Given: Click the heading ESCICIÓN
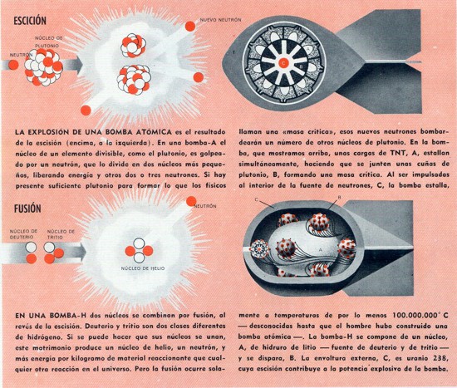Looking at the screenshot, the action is point(30,21).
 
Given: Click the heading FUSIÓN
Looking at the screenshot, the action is point(27,209).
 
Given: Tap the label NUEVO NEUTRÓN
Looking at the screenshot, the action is point(221,20).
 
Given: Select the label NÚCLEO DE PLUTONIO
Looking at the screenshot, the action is point(49,42).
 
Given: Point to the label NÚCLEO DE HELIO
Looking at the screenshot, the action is point(143,268).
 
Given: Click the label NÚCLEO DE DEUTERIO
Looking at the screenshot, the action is point(23,234).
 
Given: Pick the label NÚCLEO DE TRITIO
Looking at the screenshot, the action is point(61,234).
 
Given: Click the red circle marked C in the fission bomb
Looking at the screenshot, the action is point(283,62).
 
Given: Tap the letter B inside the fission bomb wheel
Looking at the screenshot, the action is point(302,66).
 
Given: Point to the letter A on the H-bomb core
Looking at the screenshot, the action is point(321,250).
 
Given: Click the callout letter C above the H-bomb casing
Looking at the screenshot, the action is point(256,199).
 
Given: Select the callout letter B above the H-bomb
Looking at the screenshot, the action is point(339,198).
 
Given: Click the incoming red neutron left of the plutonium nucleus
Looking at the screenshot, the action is point(13,65).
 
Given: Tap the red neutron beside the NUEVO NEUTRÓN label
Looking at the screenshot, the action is point(190,27).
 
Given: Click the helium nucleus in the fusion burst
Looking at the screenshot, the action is point(139,250).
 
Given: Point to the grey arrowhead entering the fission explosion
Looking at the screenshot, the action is point(77,63).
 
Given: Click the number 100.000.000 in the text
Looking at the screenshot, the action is point(415,315).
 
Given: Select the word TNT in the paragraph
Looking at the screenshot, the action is point(398,153).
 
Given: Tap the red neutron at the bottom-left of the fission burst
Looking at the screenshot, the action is point(86,111).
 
